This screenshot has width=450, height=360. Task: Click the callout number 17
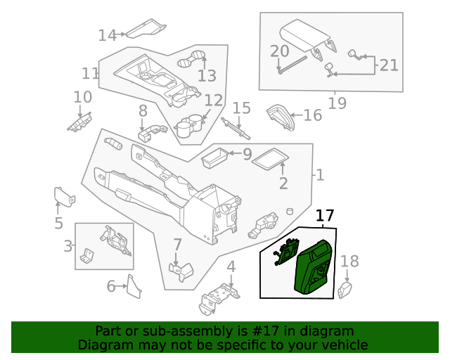(325, 216)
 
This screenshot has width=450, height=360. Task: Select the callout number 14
(107, 34)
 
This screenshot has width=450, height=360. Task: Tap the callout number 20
(279, 51)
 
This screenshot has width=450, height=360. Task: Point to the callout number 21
(389, 65)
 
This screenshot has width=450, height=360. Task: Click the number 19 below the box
(337, 103)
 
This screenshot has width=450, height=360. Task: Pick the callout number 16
(312, 115)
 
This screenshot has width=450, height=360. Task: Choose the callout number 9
(247, 154)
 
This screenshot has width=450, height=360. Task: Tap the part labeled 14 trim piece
(146, 29)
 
